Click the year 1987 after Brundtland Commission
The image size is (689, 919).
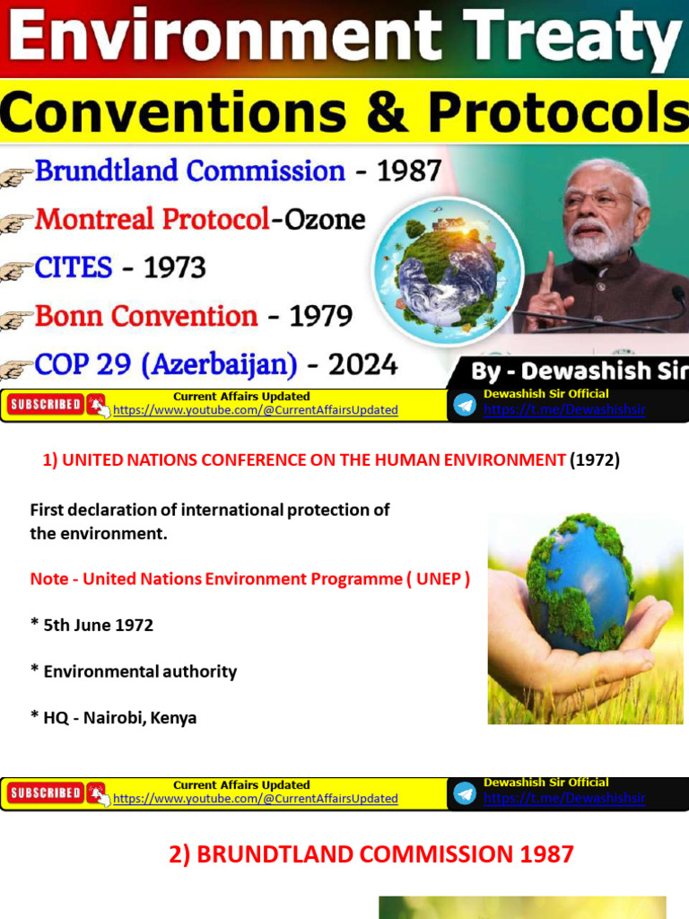(409, 171)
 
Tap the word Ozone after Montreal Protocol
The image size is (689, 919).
(325, 219)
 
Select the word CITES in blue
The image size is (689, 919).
(74, 267)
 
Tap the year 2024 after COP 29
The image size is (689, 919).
(362, 365)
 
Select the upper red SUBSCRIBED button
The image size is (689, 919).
(46, 405)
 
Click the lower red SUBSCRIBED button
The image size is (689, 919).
(46, 793)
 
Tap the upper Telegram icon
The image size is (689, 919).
(465, 405)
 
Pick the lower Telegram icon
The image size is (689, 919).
(465, 793)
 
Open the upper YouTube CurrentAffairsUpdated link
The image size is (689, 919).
(256, 410)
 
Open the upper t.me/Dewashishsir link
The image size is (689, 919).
(564, 410)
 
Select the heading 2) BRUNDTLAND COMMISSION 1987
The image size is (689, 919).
(371, 854)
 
